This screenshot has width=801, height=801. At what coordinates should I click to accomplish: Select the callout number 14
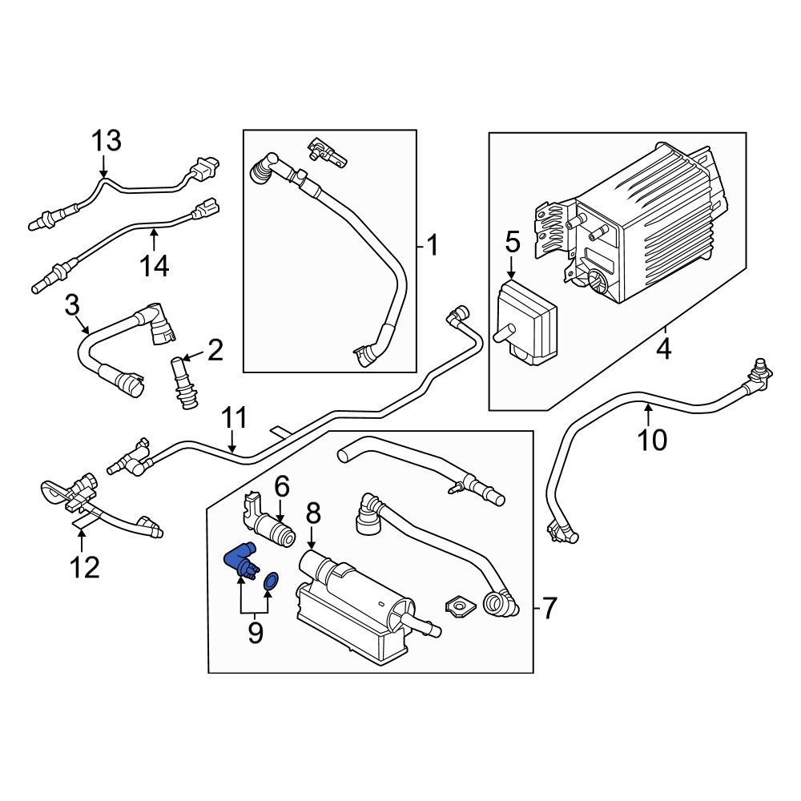click(x=155, y=264)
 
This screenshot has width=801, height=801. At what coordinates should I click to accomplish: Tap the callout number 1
click(x=432, y=245)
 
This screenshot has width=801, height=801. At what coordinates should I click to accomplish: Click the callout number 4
click(x=663, y=349)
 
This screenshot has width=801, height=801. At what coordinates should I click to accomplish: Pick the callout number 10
click(x=653, y=439)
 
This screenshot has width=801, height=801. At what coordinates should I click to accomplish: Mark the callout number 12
click(x=83, y=567)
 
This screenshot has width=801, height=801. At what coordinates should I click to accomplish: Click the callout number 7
click(x=548, y=609)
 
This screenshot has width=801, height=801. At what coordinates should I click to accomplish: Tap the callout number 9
click(x=255, y=633)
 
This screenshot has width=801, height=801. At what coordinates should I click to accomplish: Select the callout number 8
click(x=312, y=513)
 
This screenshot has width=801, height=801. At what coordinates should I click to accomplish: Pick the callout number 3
click(x=72, y=304)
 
